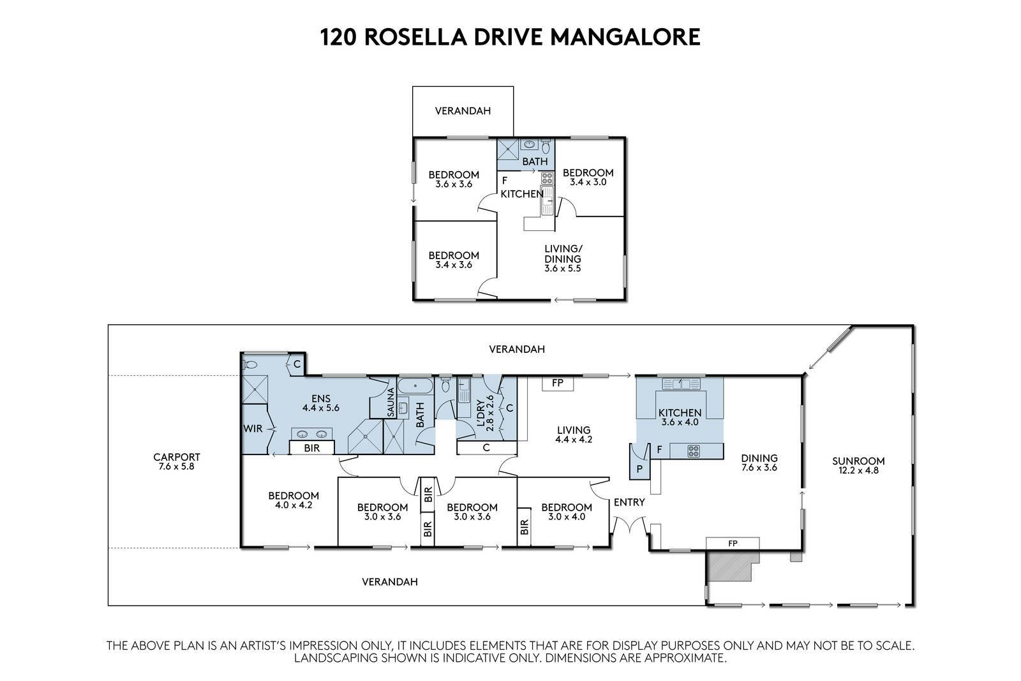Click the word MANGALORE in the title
coord(625,37)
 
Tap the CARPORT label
coord(176,457)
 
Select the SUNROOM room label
coord(858,461)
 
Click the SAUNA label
coord(391,402)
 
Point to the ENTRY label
coord(629,502)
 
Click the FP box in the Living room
coord(558,384)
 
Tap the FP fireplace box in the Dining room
coord(733,543)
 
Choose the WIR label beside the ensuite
coord(253,428)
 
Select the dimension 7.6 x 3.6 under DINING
coord(759,468)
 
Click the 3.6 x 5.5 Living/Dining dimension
coord(562,269)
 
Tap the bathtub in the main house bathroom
coord(415,385)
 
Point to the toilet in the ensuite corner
coord(250,364)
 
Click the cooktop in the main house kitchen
coord(693,451)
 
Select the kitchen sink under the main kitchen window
coord(680,384)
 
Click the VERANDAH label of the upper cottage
coord(463,111)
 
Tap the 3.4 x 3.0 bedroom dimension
coord(588,183)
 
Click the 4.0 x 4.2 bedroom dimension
coord(294,505)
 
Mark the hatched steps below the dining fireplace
coord(731,565)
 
